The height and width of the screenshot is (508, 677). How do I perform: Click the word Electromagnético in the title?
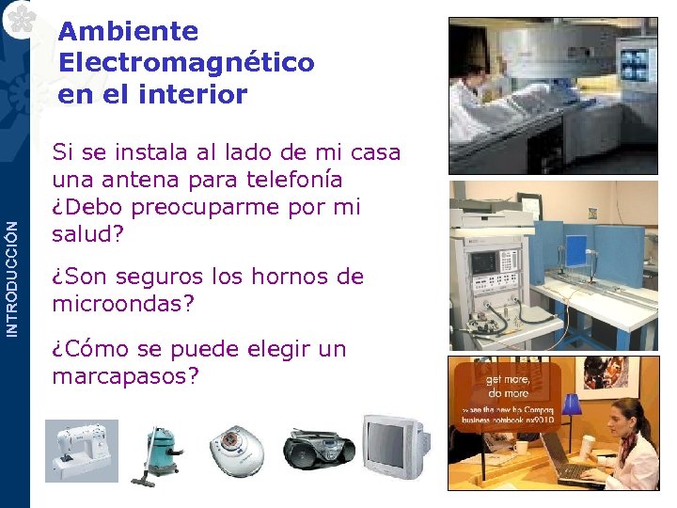[x=185, y=63]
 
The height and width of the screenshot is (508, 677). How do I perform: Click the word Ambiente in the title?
[x=128, y=31]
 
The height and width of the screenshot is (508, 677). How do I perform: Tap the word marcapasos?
[x=126, y=376]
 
